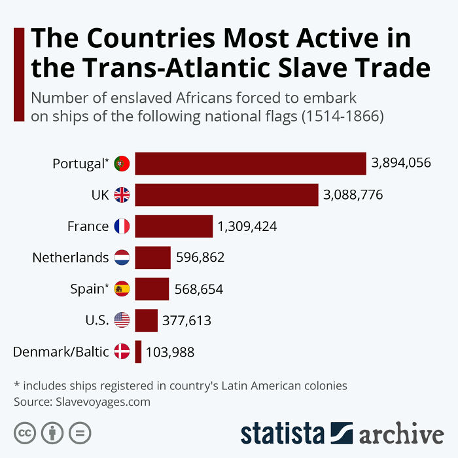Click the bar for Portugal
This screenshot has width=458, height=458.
click(250, 164)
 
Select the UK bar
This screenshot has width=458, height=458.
click(226, 195)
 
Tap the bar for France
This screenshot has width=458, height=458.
click(173, 226)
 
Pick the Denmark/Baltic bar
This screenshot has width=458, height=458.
click(138, 352)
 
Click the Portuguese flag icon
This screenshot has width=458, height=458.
click(122, 164)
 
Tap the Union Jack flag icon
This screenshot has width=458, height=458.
click(122, 195)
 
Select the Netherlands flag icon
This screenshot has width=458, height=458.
click(122, 258)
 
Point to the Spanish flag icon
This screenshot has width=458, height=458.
click(122, 289)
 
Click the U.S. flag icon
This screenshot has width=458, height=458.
click(122, 321)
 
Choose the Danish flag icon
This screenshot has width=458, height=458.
click(122, 352)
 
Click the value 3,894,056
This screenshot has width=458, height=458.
click(401, 164)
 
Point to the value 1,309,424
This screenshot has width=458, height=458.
click(247, 226)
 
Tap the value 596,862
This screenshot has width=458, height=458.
click(200, 258)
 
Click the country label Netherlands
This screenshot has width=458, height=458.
click(71, 258)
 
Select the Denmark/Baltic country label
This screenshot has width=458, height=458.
click(61, 352)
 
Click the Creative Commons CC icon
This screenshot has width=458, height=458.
click(25, 432)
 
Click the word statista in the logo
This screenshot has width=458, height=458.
click(283, 434)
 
